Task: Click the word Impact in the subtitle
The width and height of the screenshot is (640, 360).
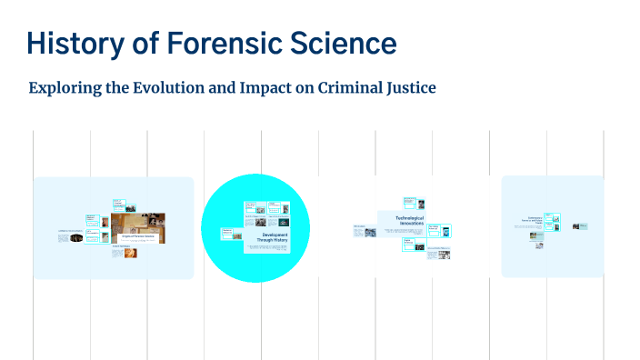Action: point(267,88)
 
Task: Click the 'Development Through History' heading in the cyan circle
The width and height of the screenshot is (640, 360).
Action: point(275,237)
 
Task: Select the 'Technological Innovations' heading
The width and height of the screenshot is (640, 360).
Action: point(410,221)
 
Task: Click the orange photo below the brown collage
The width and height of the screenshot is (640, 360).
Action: point(117,254)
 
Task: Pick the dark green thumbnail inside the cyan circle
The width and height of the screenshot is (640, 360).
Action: point(284,222)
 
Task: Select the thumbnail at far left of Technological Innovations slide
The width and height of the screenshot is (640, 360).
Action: point(370,232)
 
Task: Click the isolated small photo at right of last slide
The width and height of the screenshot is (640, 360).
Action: point(576,225)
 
